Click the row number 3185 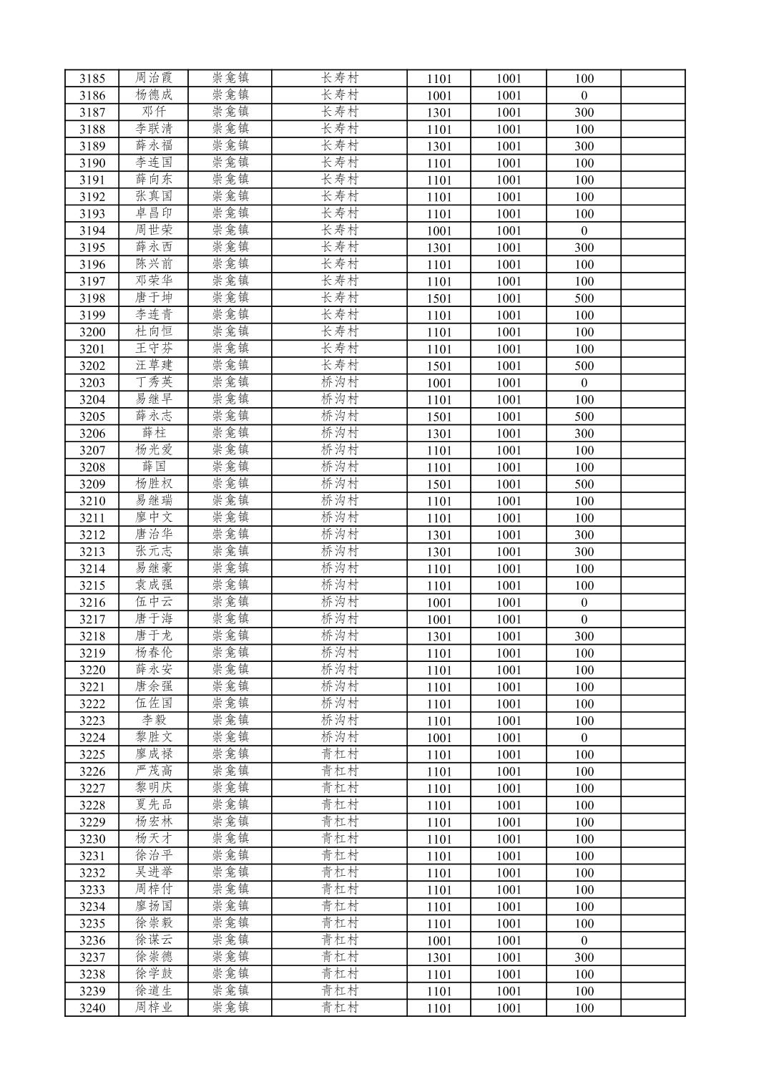coord(92,79)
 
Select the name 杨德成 coord(154,95)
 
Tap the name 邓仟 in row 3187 coord(154,112)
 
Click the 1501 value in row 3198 coord(439,298)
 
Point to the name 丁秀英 coord(154,383)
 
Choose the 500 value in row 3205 coord(584,416)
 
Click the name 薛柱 coord(154,434)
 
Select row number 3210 coord(92,501)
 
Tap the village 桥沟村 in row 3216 coord(339,603)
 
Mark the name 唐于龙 coord(154,636)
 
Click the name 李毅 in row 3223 coord(154,721)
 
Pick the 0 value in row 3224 coord(584,738)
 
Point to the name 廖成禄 coord(154,754)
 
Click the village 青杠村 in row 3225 coord(339,754)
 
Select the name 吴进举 coord(154,873)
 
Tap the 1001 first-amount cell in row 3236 coord(439,940)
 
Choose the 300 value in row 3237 coord(584,957)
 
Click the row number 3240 coord(92,1008)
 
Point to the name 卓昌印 coord(154,214)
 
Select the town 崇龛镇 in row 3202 coord(230,366)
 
